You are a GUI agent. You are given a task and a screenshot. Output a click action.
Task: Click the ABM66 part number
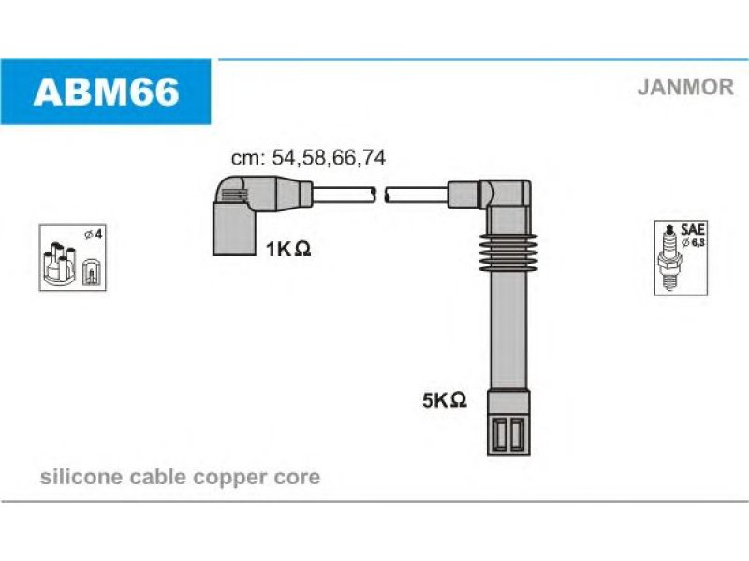(106, 92)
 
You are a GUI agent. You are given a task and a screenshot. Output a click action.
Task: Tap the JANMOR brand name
(685, 87)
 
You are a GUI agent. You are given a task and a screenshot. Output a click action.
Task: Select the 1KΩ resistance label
(288, 249)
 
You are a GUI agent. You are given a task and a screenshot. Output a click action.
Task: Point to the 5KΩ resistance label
(444, 400)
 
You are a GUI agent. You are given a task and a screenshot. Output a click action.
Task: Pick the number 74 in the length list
(373, 158)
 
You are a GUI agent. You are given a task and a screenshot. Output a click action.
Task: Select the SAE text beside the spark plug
(693, 229)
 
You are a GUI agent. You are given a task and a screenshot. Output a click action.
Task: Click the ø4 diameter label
(94, 235)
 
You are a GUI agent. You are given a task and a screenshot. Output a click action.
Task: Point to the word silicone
(81, 477)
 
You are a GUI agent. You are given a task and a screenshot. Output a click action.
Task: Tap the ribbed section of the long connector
(508, 252)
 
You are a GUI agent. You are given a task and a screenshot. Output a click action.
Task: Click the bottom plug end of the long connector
(508, 424)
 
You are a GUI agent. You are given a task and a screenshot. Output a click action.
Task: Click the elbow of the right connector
(507, 194)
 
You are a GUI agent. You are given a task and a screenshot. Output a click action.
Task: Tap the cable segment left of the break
(344, 195)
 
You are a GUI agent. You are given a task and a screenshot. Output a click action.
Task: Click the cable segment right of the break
(417, 195)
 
